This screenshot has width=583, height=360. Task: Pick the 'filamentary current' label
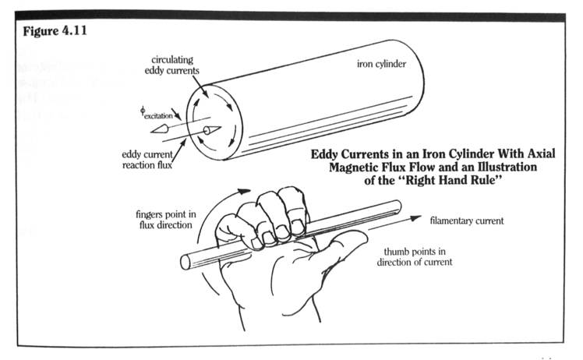(466, 221)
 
